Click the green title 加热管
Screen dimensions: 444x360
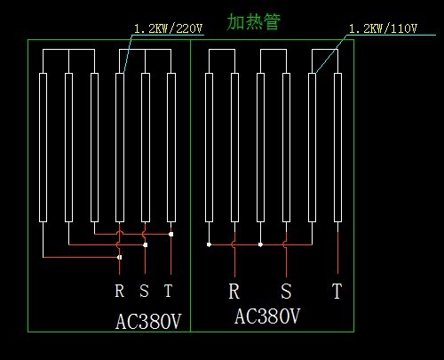tap(253, 21)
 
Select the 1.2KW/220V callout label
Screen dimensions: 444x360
tap(168, 28)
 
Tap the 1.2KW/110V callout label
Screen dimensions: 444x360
tap(383, 28)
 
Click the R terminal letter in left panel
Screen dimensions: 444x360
tap(120, 291)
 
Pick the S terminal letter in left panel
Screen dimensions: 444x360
tap(144, 291)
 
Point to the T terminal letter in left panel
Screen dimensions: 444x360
tap(169, 291)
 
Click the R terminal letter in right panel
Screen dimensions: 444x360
tap(234, 291)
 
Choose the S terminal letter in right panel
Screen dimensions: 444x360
tap(286, 291)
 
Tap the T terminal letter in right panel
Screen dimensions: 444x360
tap(337, 291)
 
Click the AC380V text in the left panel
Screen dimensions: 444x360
tap(148, 322)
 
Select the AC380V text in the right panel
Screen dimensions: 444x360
tap(267, 316)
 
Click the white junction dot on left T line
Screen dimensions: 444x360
tap(170, 234)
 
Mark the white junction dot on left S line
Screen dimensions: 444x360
tap(145, 244)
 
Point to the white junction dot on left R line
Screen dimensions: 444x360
tap(120, 257)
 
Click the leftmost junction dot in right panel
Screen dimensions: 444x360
tap(209, 244)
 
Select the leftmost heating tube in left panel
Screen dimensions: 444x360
tap(43, 148)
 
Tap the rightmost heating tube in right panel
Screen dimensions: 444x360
tap(337, 148)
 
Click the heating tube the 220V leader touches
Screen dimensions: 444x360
tap(120, 148)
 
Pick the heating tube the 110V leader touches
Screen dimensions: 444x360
tap(312, 148)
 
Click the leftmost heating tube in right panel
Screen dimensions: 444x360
tap(209, 148)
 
